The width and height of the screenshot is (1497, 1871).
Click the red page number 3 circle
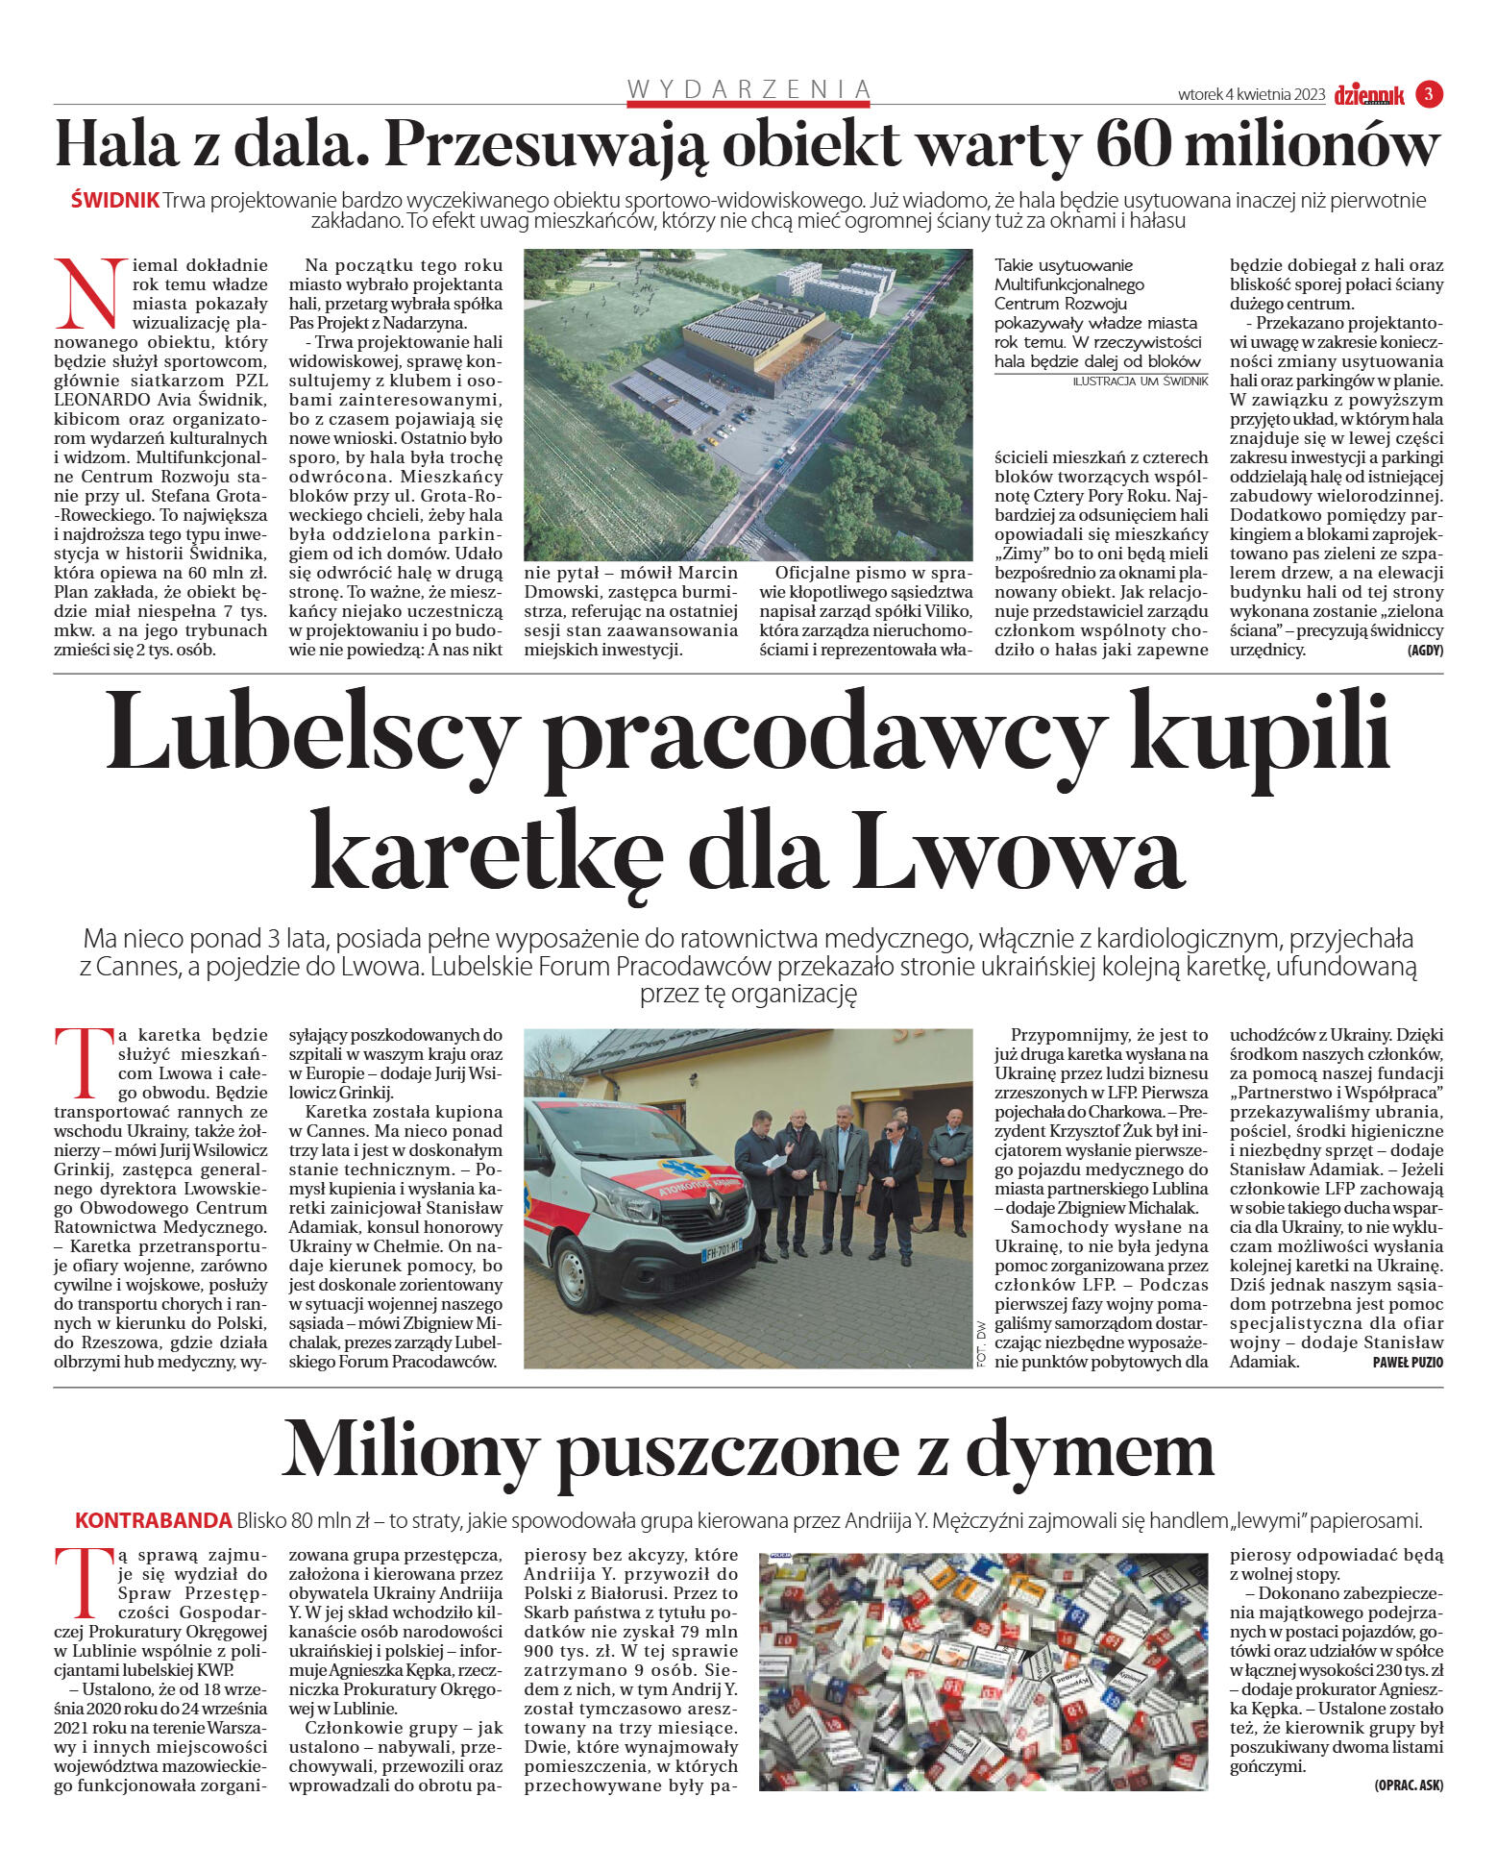tap(1429, 94)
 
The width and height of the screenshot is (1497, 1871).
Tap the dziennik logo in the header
tap(1369, 95)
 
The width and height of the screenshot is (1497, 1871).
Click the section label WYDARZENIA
tap(748, 89)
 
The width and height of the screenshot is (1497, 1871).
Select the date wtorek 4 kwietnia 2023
tap(1251, 95)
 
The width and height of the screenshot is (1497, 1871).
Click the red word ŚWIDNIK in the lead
tap(115, 201)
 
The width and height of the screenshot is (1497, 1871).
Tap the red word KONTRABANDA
tap(154, 1521)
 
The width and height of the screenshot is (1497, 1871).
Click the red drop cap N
tap(90, 292)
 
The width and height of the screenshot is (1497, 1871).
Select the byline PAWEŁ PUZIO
tap(1407, 1363)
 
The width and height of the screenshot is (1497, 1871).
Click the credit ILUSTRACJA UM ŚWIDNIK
tap(1140, 382)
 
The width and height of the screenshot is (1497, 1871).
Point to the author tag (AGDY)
tap(1425, 651)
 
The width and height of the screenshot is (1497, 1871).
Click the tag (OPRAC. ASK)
tap(1408, 1785)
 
